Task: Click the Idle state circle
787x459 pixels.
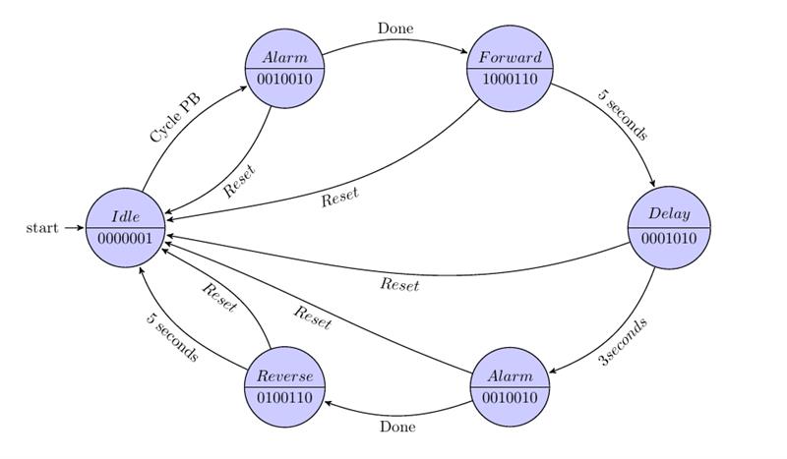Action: tap(125, 228)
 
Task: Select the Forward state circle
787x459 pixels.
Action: tap(511, 69)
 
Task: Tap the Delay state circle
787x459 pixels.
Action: tap(668, 226)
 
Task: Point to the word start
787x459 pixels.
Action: tap(42, 228)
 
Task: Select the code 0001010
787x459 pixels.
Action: tap(668, 239)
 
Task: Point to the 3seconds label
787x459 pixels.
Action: tap(624, 342)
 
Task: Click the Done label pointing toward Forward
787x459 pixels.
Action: tap(396, 28)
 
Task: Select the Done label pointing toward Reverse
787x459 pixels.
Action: tap(397, 428)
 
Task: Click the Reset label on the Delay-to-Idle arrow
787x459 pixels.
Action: tap(399, 285)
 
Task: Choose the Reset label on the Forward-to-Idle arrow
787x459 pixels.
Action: tap(339, 196)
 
